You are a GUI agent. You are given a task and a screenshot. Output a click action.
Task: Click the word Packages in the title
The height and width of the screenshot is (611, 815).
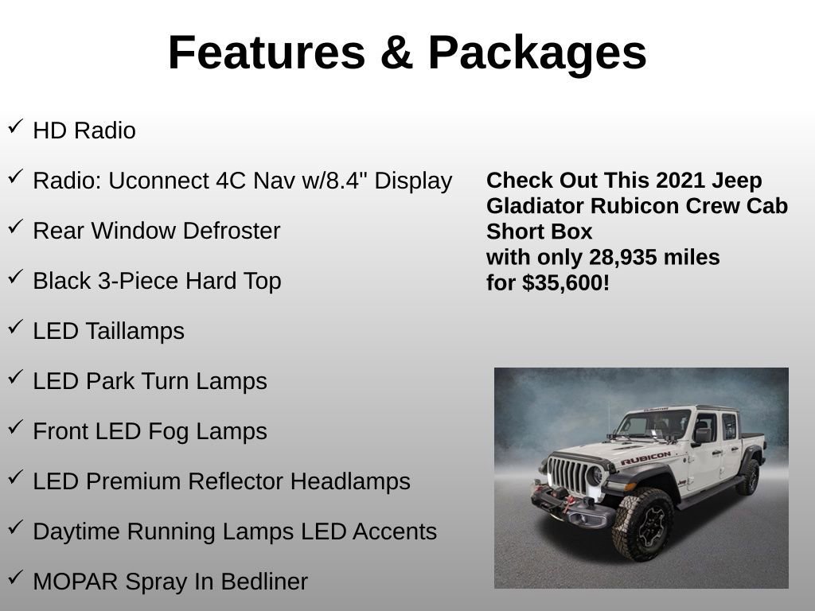click(536, 53)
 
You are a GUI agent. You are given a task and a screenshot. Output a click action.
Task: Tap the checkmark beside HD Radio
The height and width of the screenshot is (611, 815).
click(15, 126)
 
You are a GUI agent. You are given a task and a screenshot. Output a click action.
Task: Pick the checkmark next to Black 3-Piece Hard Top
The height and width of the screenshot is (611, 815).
click(15, 277)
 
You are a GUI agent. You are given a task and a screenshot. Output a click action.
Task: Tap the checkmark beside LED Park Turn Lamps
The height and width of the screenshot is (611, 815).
click(15, 377)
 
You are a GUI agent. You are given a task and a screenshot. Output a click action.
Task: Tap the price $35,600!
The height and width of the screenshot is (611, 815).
click(566, 283)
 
